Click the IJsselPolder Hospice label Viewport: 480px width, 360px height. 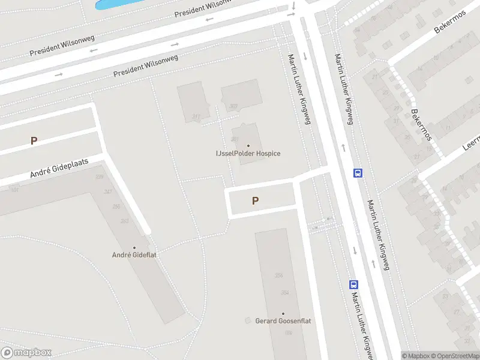(x=248, y=154)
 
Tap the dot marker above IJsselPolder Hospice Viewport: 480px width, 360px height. (x=248, y=145)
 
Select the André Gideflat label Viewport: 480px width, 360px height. (x=134, y=255)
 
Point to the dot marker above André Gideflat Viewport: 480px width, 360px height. (x=134, y=247)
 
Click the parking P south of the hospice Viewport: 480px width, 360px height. (x=256, y=201)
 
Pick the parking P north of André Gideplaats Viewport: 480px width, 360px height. (x=34, y=141)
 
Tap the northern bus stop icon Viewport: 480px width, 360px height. (x=358, y=173)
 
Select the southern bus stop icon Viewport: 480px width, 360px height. (x=354, y=285)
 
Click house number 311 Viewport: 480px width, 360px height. (x=196, y=116)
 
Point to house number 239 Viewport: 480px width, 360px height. (x=99, y=177)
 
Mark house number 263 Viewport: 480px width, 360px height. (x=125, y=221)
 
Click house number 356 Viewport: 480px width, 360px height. (x=278, y=275)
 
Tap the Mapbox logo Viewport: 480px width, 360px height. (x=26, y=353)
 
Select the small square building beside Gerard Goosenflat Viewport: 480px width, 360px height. (x=248, y=321)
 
